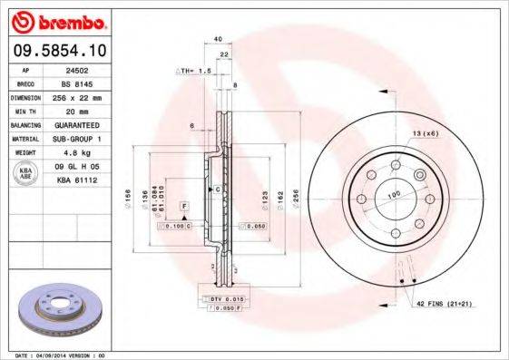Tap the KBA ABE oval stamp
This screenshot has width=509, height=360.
coord(27,174)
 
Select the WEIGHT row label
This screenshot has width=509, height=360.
coord(27,152)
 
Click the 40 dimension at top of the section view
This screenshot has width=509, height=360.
coord(218,39)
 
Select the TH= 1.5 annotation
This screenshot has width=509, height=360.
coord(192,70)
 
